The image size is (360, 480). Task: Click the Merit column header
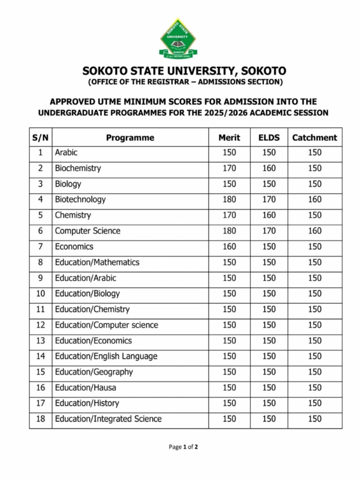(x=229, y=138)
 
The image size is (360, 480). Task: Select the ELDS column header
(x=269, y=138)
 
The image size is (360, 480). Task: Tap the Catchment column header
(x=315, y=138)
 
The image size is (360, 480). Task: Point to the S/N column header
(x=40, y=138)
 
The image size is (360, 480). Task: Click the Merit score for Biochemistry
(x=229, y=168)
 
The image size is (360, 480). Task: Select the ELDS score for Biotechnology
(x=269, y=200)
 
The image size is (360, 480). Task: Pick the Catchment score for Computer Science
(x=315, y=231)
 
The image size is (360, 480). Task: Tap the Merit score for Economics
(x=229, y=247)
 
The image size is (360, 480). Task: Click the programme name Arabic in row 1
(x=66, y=152)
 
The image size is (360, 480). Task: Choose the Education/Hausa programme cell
(x=85, y=388)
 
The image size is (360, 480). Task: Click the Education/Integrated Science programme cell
(x=108, y=419)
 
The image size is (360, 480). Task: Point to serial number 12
(x=40, y=325)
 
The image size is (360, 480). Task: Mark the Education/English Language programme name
(x=106, y=356)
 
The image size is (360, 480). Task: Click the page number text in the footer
(x=183, y=447)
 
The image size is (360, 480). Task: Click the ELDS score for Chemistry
(x=269, y=215)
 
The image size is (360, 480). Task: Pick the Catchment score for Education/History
(x=315, y=403)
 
